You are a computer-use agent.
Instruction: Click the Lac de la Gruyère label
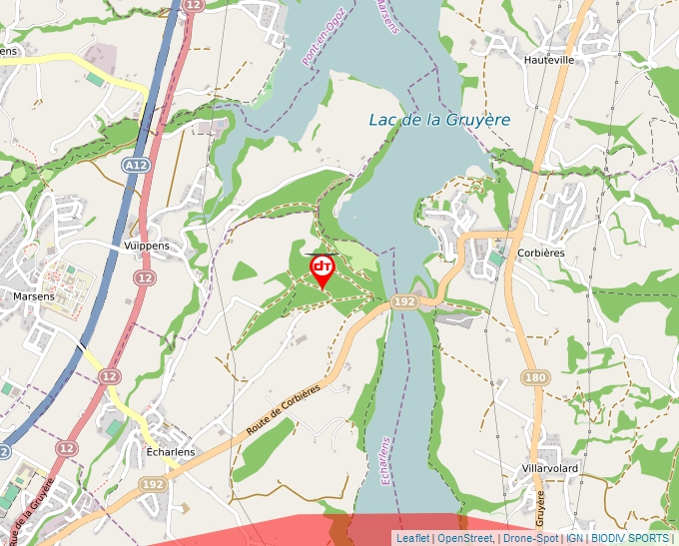439,120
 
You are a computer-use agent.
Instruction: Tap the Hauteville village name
549,60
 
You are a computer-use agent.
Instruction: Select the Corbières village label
541,253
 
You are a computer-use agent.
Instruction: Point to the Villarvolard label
550,467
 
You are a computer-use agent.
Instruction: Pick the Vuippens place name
147,245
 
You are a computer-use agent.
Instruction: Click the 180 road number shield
536,377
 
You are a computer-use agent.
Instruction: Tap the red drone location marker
323,268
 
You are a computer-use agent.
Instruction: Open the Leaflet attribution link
412,538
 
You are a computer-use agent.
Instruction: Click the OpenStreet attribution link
464,538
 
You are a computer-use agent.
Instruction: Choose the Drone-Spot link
530,538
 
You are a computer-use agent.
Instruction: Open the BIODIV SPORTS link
630,538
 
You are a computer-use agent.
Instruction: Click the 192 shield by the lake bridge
404,300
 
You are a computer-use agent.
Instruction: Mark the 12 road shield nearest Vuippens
145,276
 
